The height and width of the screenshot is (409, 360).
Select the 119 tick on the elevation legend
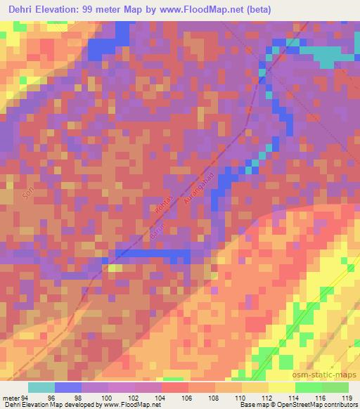[347, 398]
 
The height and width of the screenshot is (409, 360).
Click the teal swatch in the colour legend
[41, 387]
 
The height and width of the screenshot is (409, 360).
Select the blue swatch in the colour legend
[68, 387]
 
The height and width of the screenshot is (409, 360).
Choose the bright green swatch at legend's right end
[335, 387]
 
